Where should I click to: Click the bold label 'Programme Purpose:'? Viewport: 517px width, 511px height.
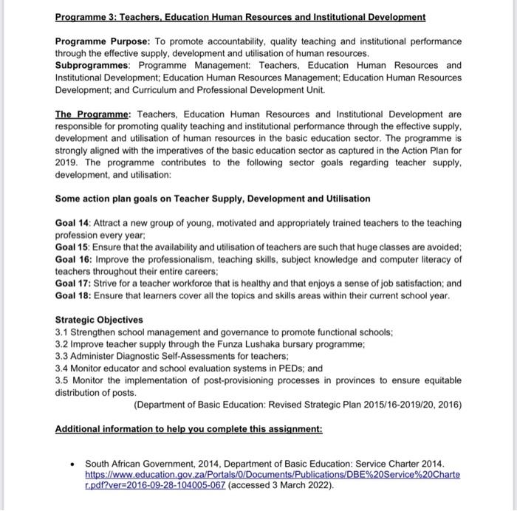point(95,41)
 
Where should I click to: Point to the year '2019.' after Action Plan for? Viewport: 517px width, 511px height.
point(68,162)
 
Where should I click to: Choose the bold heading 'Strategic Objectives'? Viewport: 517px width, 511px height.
point(99,320)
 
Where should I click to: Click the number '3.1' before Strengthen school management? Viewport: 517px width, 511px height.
point(62,332)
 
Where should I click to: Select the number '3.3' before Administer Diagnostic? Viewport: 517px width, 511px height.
point(62,356)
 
